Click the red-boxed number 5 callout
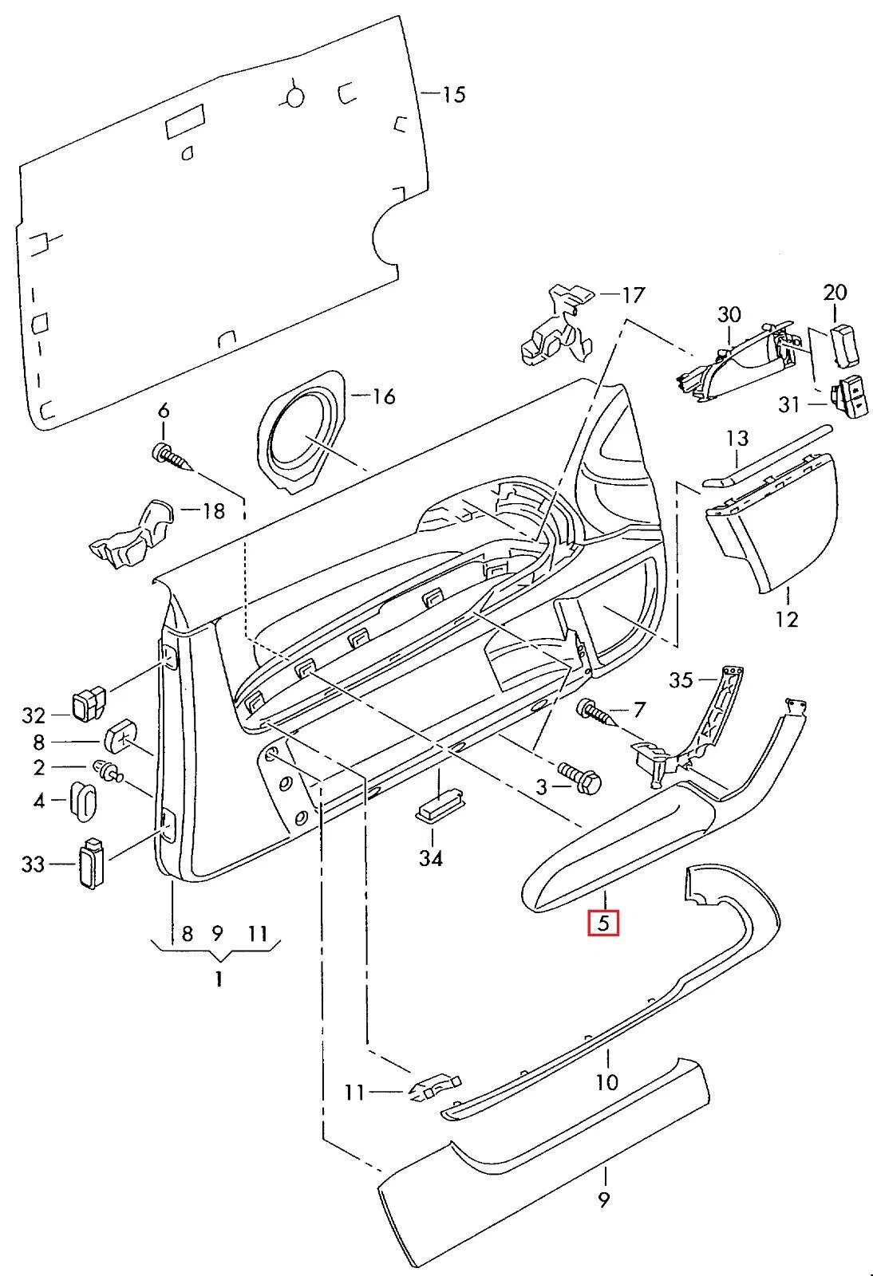click(603, 924)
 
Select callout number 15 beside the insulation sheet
click(453, 95)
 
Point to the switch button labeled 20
click(844, 341)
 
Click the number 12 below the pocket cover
click(786, 619)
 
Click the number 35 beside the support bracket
click(681, 679)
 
